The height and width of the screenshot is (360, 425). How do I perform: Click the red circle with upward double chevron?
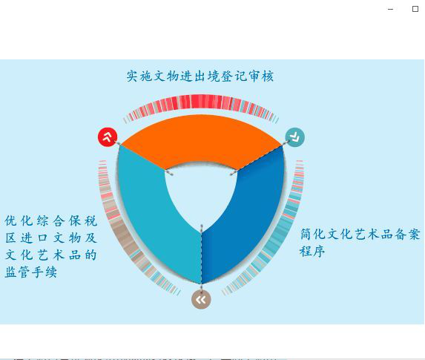pyautogui.click(x=108, y=137)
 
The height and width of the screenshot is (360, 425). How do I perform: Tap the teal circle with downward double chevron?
pyautogui.click(x=295, y=137)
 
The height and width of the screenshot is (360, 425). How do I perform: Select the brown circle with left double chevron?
pyautogui.click(x=201, y=300)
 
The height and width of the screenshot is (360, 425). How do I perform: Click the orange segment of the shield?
pyautogui.click(x=201, y=138)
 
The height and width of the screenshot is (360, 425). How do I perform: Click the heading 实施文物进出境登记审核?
pyautogui.click(x=200, y=76)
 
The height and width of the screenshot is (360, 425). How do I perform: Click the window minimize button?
pyautogui.click(x=391, y=9)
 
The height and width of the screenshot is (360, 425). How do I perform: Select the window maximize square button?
pyautogui.click(x=415, y=9)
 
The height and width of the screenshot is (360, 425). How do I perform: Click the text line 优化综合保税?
pyautogui.click(x=51, y=221)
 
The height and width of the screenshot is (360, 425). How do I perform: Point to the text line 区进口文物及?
pyautogui.click(x=51, y=238)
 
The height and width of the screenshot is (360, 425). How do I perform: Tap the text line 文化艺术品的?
pyautogui.click(x=51, y=255)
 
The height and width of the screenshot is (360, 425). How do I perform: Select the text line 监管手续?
pyautogui.click(x=31, y=272)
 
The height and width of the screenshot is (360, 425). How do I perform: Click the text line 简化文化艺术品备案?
pyautogui.click(x=360, y=235)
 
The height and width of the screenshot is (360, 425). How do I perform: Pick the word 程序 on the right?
pyautogui.click(x=312, y=251)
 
